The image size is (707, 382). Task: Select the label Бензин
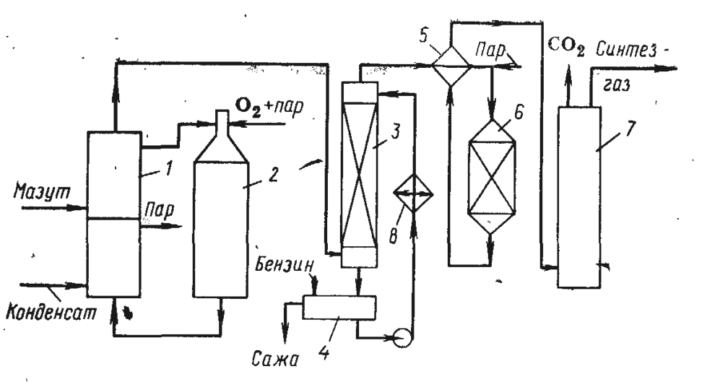[x=285, y=265]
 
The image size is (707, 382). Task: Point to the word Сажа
[x=276, y=359]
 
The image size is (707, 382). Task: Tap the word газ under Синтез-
[x=615, y=84]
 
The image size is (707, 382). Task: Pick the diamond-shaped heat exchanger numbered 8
[x=413, y=192]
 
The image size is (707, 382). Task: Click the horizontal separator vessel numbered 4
[x=339, y=308]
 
